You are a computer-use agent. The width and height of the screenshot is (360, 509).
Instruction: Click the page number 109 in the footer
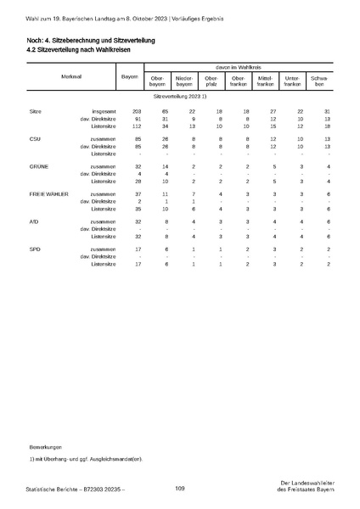(x=180, y=488)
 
